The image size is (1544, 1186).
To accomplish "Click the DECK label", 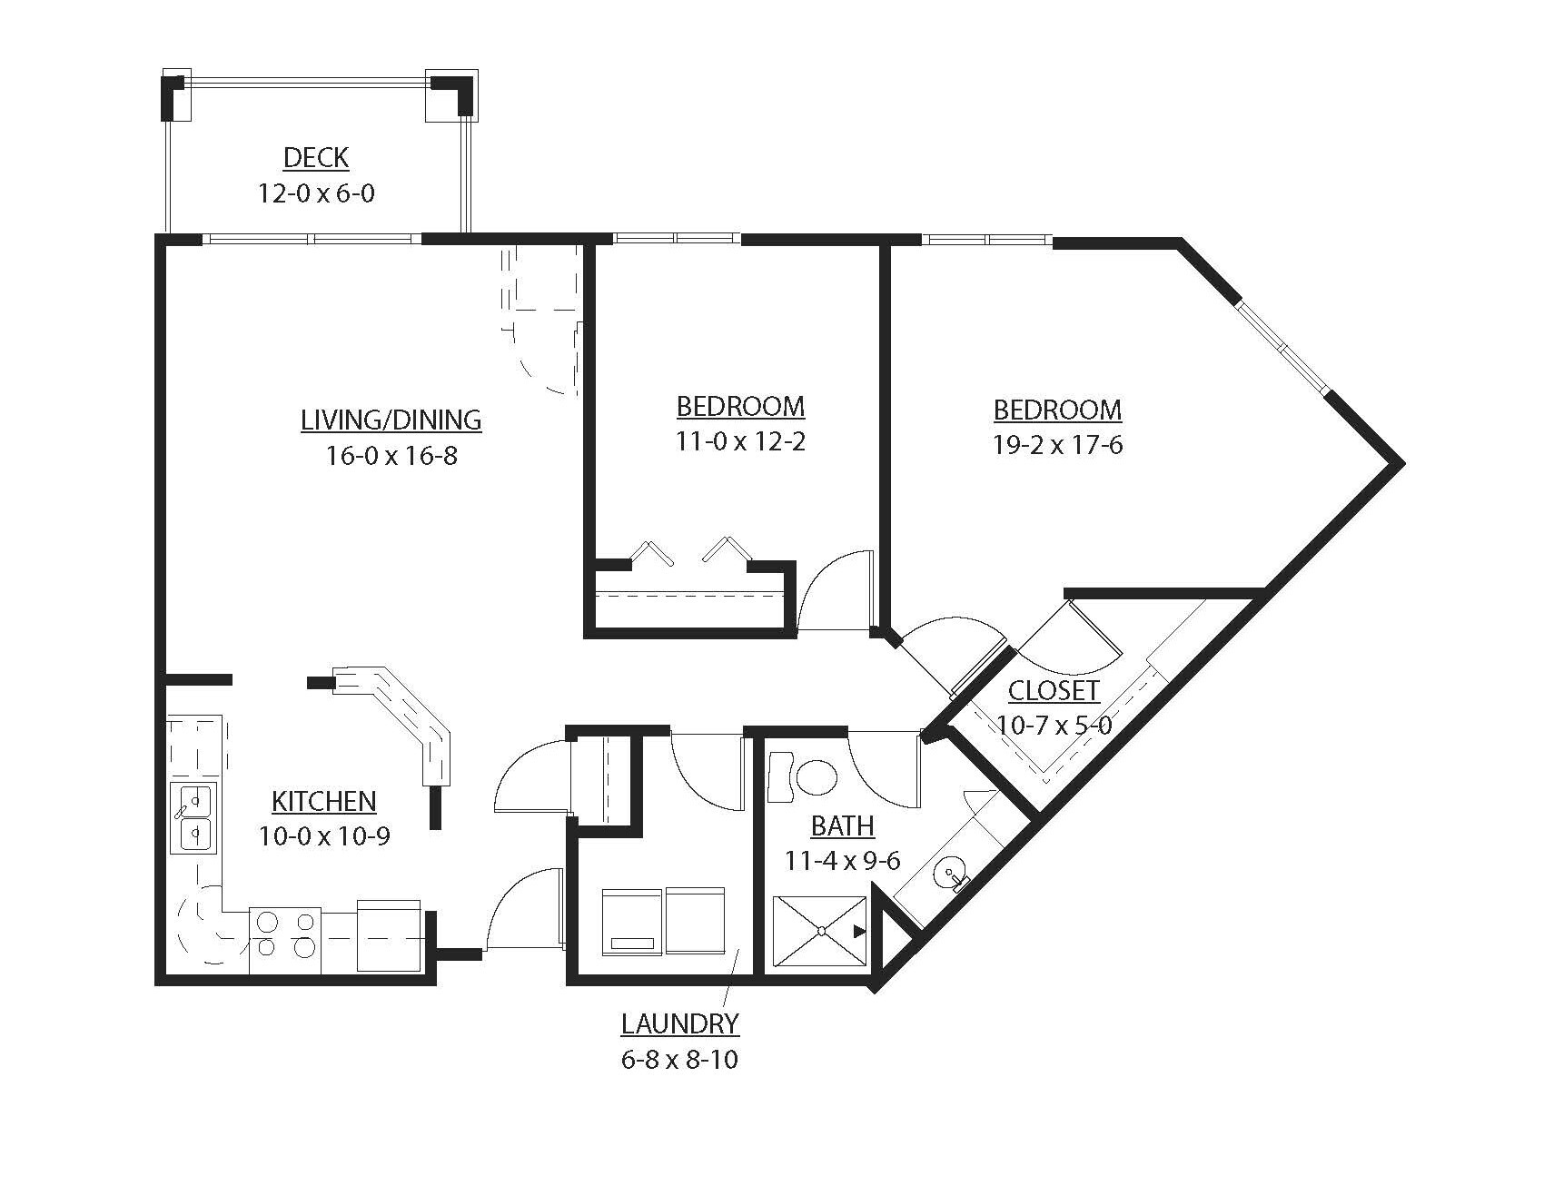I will (315, 157).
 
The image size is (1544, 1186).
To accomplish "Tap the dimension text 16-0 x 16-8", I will (391, 456).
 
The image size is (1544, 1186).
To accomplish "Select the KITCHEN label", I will (324, 801).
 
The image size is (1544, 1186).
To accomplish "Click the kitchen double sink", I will (193, 817).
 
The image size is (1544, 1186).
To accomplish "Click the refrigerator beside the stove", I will (389, 935).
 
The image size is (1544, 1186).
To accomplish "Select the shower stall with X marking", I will (820, 931).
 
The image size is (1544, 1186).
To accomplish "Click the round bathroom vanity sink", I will (948, 875).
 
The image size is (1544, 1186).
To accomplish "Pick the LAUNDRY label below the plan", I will (679, 1024).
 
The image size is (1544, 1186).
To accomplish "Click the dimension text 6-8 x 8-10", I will (679, 1060).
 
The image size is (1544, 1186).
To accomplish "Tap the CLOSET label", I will (1054, 691).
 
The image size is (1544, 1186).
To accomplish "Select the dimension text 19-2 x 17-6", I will (1058, 446).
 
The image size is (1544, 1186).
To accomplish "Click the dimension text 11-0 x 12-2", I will (740, 442).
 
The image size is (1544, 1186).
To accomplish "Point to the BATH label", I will (842, 826).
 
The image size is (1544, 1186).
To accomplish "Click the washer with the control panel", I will (632, 922).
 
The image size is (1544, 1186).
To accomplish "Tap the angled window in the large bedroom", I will (1282, 346).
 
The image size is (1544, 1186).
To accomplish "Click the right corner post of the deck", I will (451, 94).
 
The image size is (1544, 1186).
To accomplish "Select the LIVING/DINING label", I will (391, 420).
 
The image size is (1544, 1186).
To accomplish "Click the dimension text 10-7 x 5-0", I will (1054, 726).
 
